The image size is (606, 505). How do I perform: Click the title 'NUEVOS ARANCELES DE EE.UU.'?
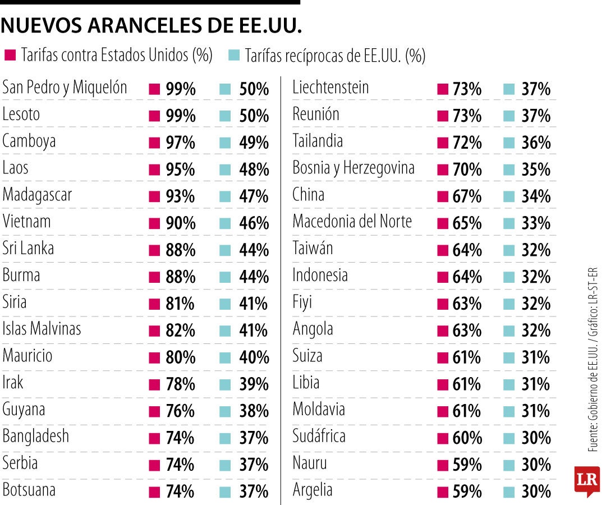point(152,25)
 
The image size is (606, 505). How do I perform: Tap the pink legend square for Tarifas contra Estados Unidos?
point(10,55)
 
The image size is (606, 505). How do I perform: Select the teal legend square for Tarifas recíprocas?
point(235,55)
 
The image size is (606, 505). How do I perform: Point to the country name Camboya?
point(29,141)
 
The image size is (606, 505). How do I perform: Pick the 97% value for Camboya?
point(181,143)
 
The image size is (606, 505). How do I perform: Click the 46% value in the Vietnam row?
point(254,223)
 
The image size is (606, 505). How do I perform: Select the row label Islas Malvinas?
point(42,329)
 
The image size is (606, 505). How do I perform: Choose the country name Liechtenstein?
point(330,88)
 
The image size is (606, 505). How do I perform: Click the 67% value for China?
point(467,196)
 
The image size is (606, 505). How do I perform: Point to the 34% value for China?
point(536,196)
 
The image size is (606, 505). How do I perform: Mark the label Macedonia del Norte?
point(352,222)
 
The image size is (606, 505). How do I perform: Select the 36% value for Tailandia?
point(536,143)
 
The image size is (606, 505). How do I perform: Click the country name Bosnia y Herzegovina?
point(353,168)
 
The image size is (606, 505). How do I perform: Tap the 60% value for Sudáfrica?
point(467,438)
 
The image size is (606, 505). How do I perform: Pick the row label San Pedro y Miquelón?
point(65,88)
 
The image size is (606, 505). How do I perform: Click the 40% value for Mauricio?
point(254,357)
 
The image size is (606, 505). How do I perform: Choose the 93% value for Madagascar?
point(181,196)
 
